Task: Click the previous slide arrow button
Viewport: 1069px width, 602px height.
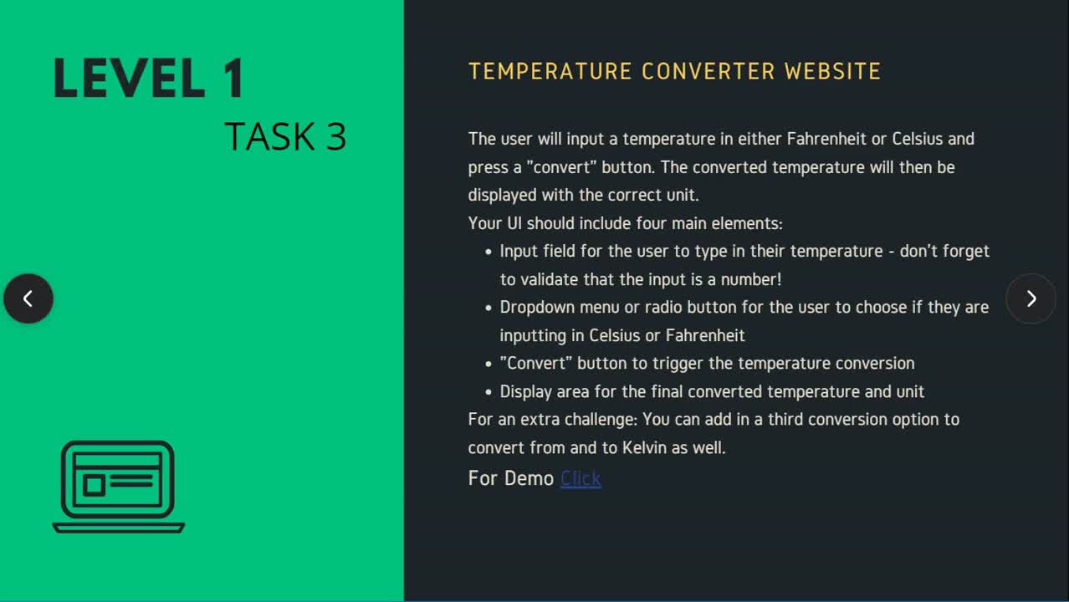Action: coord(28,298)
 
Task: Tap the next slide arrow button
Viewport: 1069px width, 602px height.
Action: coord(1031,298)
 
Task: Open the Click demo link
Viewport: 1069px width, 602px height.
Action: coord(581,478)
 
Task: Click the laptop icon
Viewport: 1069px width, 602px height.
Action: coord(118,487)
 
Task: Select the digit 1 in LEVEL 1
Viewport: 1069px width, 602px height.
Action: coord(234,79)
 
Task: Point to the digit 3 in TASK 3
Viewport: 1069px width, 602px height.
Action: coord(336,137)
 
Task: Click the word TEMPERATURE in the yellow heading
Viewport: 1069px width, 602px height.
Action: coord(550,72)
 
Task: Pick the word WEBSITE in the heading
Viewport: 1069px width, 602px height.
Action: coord(832,72)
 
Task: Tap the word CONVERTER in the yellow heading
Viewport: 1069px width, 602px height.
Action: coord(708,72)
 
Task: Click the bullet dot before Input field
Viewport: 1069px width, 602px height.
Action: coord(488,252)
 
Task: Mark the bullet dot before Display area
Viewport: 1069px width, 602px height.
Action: coord(488,392)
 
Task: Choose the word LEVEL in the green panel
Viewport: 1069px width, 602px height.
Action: coord(130,79)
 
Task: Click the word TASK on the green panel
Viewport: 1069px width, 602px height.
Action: coord(269,137)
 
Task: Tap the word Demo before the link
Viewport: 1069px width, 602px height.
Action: coord(529,478)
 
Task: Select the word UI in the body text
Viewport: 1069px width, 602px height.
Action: coord(514,224)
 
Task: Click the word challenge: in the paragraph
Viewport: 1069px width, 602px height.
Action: coord(601,420)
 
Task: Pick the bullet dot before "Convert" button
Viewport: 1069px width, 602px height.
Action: coord(488,364)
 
